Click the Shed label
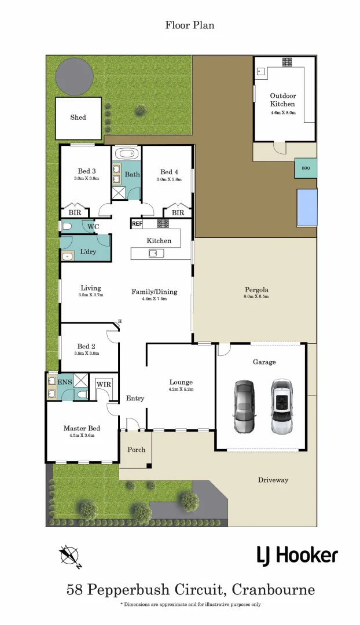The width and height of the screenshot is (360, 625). [x=78, y=117]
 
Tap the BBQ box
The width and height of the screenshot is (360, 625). [x=306, y=168]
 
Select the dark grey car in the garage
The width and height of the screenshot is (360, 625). [x=244, y=407]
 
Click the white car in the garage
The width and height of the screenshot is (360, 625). [x=281, y=406]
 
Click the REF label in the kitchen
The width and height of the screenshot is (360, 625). [x=137, y=223]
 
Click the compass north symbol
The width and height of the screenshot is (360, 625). [x=69, y=556]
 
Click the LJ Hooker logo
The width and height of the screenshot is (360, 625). [x=297, y=556]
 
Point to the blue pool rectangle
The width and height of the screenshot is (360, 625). [x=307, y=208]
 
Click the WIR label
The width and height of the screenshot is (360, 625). [x=104, y=385]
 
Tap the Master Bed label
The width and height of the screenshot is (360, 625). [x=82, y=428]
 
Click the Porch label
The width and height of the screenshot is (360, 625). [x=137, y=450]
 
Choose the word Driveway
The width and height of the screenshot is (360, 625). [x=273, y=480]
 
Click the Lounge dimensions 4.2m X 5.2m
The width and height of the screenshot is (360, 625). [x=181, y=389]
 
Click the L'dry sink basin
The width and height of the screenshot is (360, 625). [x=67, y=255]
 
